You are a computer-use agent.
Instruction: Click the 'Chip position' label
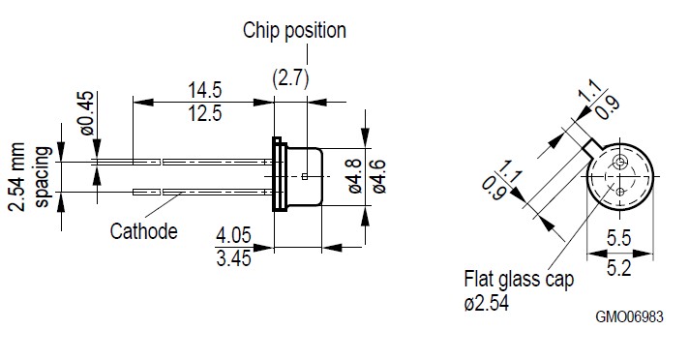click(294, 31)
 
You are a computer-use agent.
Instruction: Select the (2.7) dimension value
click(290, 78)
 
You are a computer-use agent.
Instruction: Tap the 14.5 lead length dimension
click(205, 90)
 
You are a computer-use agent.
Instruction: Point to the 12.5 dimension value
click(205, 114)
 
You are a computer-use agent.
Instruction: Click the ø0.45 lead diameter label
click(86, 113)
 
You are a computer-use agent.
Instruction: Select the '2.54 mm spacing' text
click(29, 177)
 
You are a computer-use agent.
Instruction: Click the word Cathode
click(143, 231)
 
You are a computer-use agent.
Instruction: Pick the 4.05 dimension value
click(233, 235)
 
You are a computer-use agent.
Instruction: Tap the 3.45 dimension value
click(234, 258)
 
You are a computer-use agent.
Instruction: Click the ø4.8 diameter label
click(354, 176)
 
